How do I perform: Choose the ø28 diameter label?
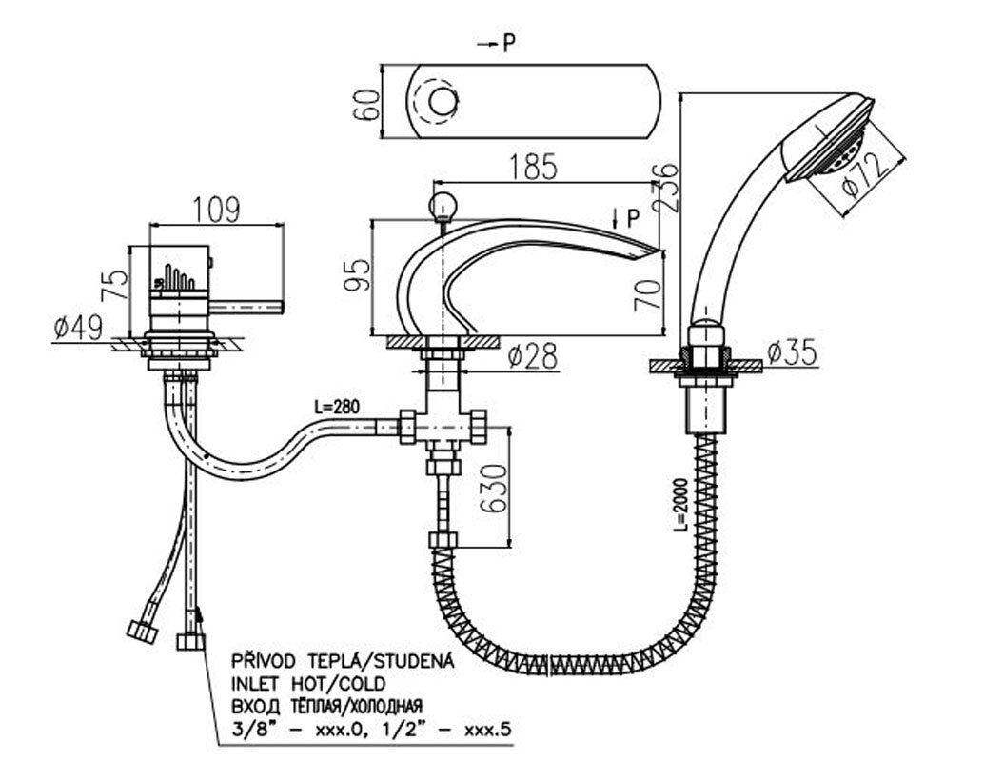(531, 356)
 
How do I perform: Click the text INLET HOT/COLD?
(306, 683)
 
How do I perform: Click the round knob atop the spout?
(442, 204)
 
